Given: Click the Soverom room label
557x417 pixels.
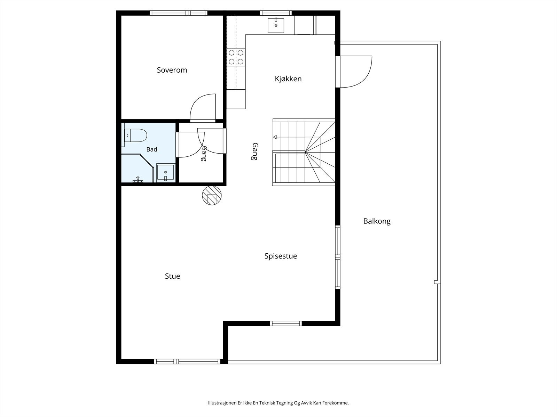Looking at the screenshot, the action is [172, 70].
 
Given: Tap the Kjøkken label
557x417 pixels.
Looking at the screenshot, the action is [288, 79].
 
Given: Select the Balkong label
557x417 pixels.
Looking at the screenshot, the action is [377, 221].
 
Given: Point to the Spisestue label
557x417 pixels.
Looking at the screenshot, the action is [281, 256].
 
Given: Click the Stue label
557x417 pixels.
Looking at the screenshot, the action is [172, 276].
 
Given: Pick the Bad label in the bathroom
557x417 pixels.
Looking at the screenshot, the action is [152, 149].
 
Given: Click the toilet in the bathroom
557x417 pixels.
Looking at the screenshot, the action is [134, 136].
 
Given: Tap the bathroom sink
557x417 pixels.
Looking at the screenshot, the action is [165, 173].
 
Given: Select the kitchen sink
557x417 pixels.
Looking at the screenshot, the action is [276, 25].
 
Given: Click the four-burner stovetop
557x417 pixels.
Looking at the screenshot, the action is [236, 57].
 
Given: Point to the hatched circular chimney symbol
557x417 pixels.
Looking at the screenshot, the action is [212, 195].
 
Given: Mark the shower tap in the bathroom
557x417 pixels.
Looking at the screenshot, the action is [138, 180].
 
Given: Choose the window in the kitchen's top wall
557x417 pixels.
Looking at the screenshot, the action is [276, 13].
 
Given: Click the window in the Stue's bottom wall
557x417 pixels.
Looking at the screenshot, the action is [187, 361].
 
